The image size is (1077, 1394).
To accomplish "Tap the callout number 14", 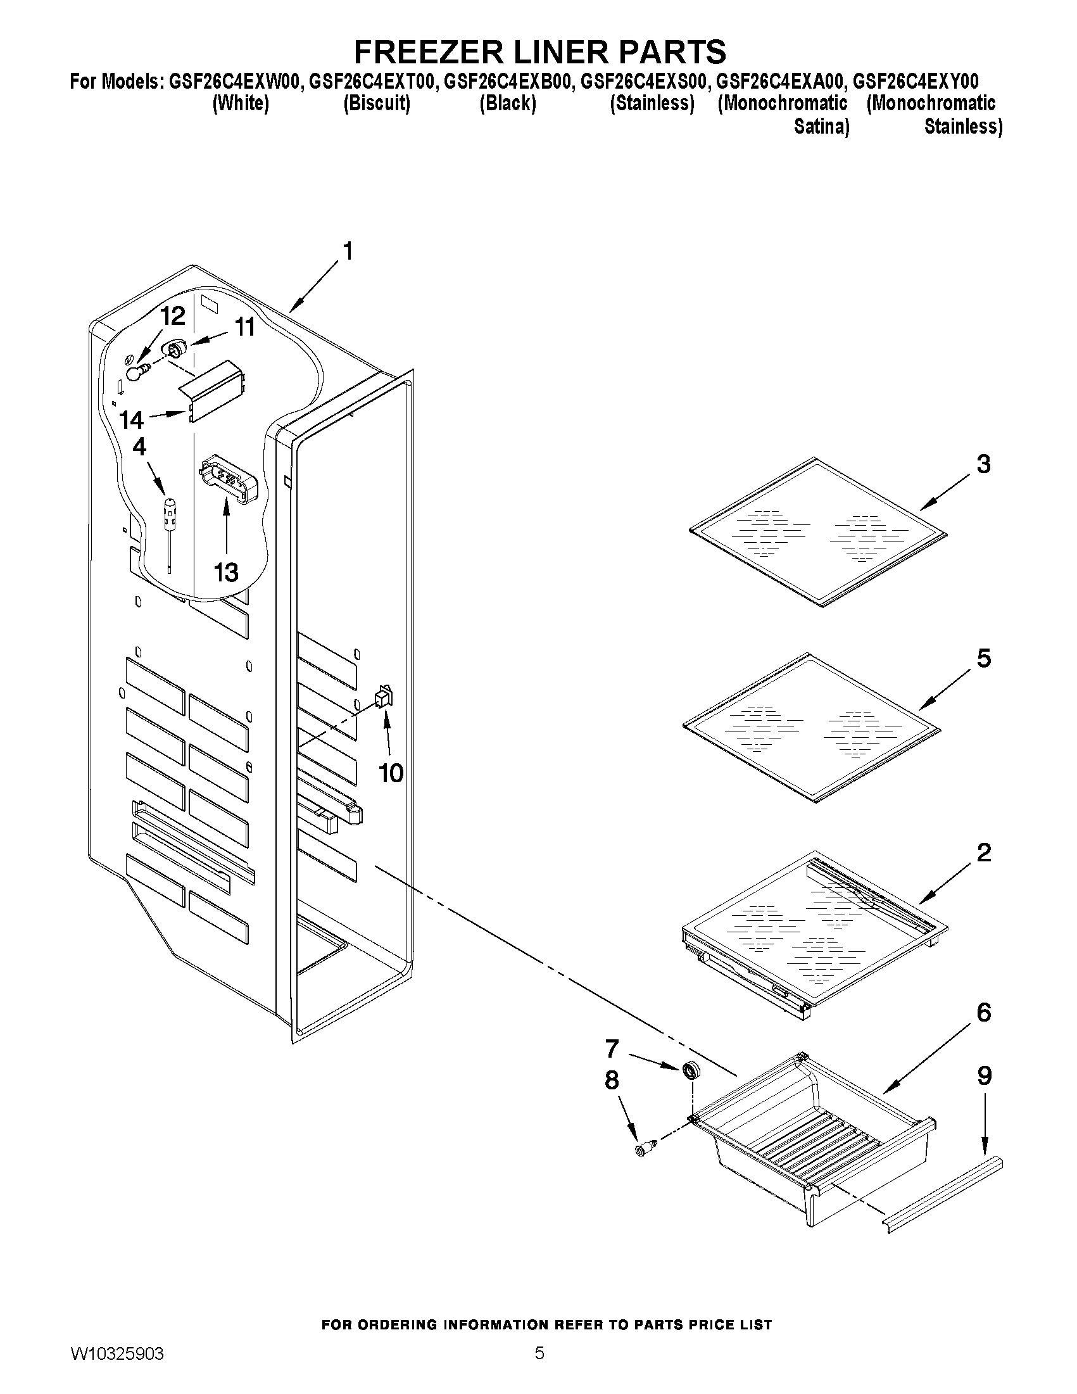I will click(x=132, y=420).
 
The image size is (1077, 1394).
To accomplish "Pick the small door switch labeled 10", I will click(x=384, y=695).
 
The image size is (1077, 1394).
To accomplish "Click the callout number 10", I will click(x=391, y=773).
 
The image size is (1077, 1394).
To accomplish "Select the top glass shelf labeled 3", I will click(x=818, y=533).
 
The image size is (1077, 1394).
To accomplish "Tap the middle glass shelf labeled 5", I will click(x=812, y=728).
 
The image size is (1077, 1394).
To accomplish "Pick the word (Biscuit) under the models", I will click(x=377, y=103).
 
